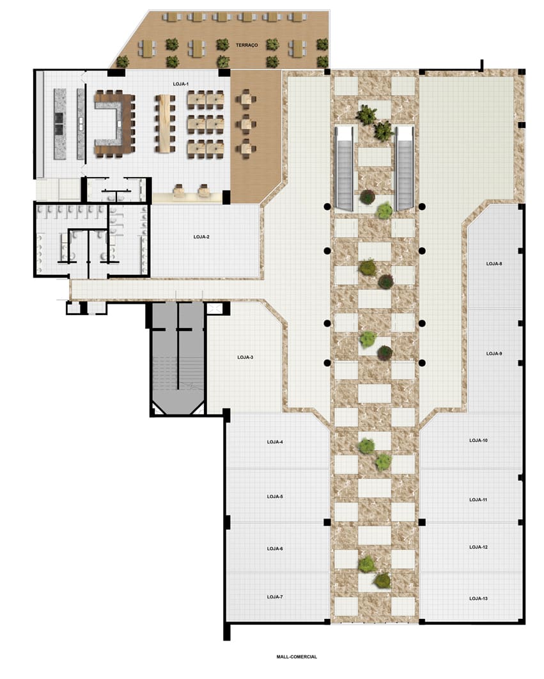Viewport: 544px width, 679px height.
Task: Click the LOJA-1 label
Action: coord(181,84)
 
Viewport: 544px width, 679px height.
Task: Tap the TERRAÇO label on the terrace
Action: coord(247,45)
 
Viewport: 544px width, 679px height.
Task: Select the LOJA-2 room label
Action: coord(201,237)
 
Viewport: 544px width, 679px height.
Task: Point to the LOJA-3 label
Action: coord(245,357)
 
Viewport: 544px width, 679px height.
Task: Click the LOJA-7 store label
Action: coord(275,597)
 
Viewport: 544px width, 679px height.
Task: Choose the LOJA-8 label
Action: coord(493,263)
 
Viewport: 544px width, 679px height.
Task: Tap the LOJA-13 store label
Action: coord(478,598)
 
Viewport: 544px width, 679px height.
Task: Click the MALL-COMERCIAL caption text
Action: coord(297,657)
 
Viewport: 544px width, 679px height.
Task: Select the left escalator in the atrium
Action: coord(345,168)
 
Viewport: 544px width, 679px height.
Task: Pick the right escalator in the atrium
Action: coord(404,168)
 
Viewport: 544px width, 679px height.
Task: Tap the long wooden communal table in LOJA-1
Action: coord(164,123)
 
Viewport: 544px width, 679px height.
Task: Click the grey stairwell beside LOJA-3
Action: coord(177,359)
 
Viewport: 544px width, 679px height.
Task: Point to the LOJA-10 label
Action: coord(478,441)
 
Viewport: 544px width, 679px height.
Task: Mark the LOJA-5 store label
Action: coord(275,497)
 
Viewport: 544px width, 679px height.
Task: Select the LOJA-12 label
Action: coord(478,547)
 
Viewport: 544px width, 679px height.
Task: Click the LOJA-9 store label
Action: coord(493,354)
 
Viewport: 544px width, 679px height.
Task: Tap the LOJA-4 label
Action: coord(275,442)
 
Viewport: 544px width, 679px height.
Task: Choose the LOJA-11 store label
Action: coord(478,500)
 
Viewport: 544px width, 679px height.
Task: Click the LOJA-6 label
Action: coord(275,549)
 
